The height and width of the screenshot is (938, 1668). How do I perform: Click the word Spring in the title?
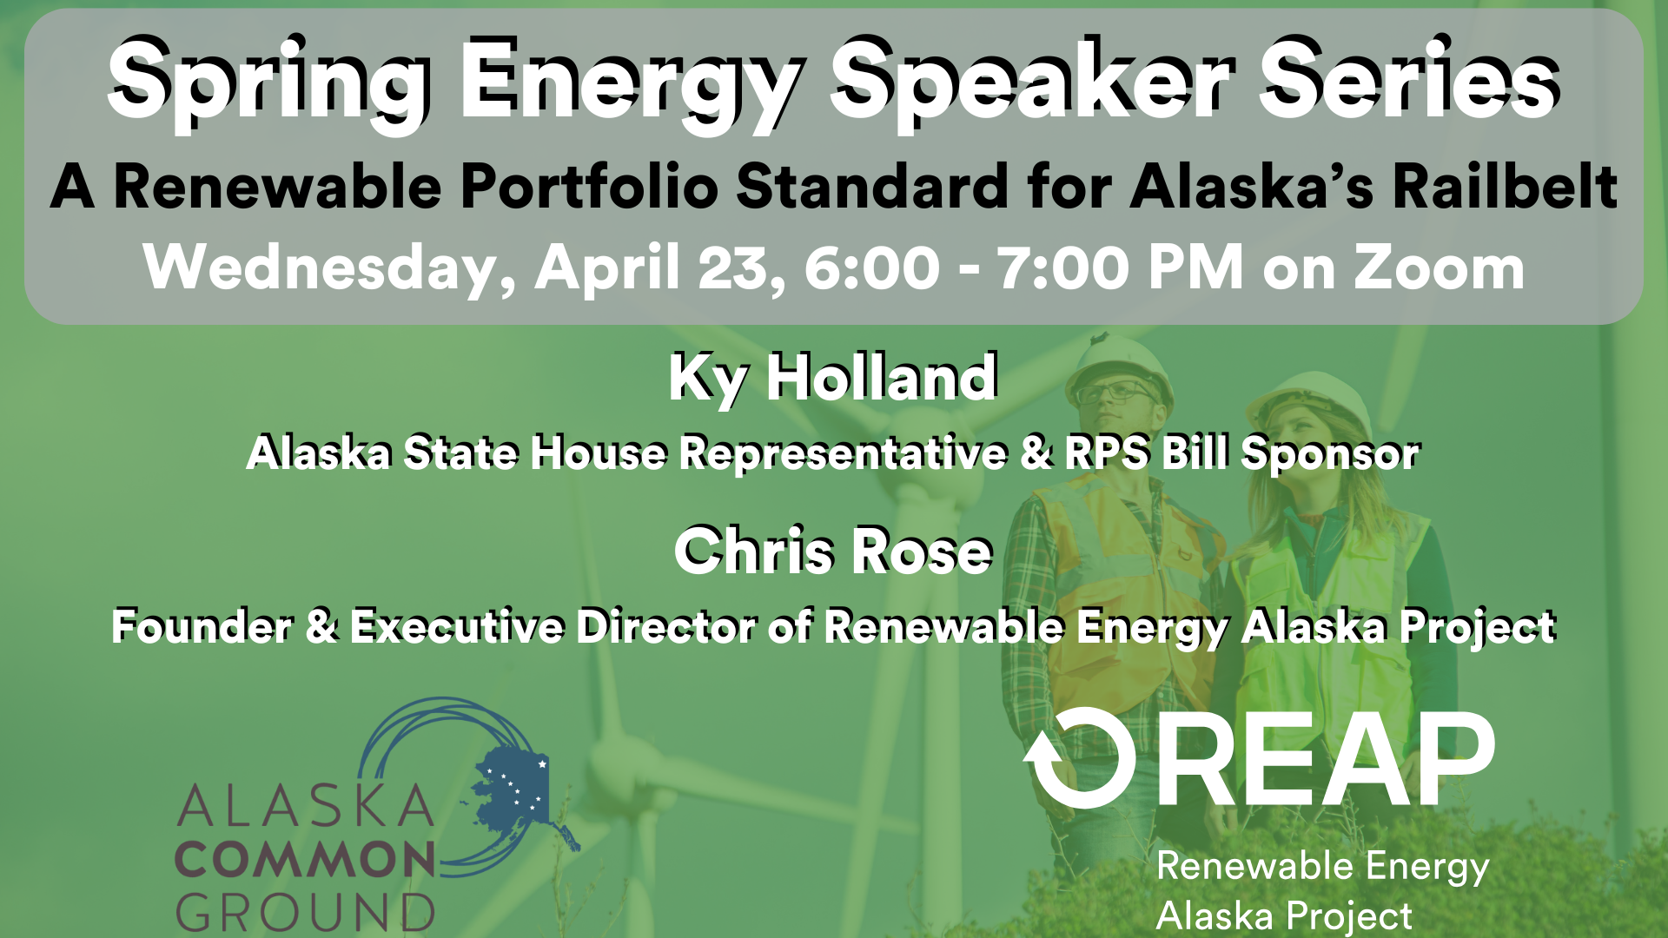tap(269, 83)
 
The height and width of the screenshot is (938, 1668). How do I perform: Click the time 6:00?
tap(872, 268)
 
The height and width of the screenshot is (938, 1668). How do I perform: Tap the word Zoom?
tap(1439, 268)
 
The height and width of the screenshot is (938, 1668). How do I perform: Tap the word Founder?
tap(202, 626)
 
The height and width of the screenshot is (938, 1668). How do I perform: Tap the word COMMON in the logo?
tap(306, 860)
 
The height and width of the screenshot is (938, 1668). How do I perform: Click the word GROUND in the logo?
tap(306, 912)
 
